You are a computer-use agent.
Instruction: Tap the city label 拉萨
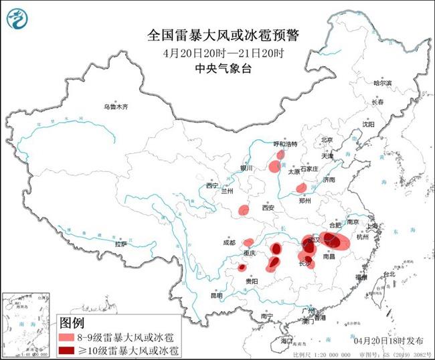click(x=120, y=244)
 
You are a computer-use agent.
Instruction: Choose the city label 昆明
click(x=216, y=295)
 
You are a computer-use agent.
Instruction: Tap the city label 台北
click(x=387, y=276)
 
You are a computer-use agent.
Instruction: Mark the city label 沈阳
click(x=368, y=124)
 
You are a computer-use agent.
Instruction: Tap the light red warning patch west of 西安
click(x=244, y=211)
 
